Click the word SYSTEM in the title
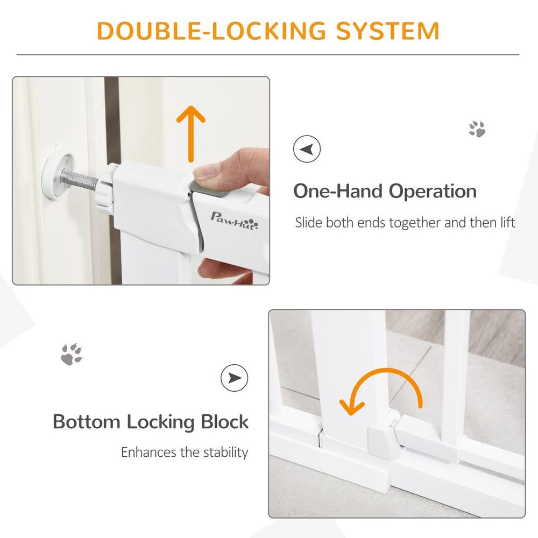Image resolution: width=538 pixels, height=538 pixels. pos(387,31)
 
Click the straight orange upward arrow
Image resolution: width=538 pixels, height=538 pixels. pos(191,133)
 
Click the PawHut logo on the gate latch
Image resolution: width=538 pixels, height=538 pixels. pos(235,221)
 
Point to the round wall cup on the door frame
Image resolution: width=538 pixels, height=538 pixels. pos(58,175)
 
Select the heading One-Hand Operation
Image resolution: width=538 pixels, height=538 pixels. pos(385,191)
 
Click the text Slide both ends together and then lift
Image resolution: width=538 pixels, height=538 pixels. pos(405,223)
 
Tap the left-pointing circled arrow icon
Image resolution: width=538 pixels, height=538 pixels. pos(307,149)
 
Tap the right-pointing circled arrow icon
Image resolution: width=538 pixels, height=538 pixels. pos(235,378)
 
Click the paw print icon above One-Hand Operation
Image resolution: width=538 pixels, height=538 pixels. pos(477,129)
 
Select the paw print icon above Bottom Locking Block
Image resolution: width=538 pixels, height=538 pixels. pos(72,354)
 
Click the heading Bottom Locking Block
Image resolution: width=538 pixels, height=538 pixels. pos(151,422)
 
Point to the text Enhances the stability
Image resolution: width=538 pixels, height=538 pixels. pos(185,452)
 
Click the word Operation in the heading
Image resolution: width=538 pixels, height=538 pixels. pos(433,191)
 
